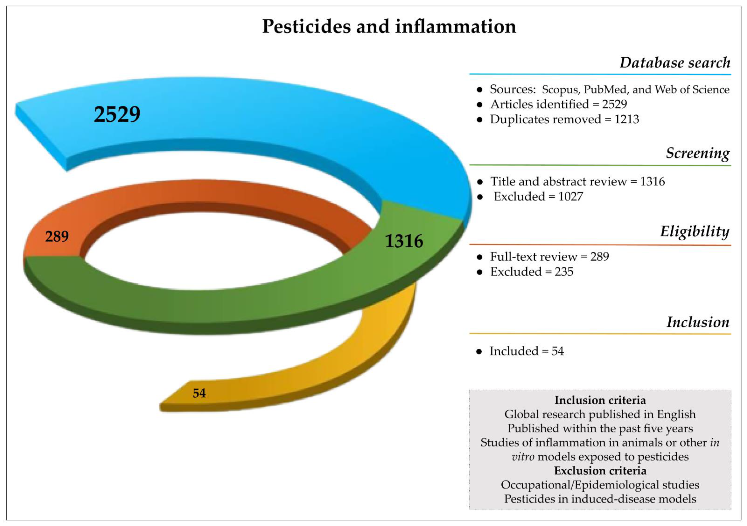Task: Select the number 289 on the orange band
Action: tap(57, 236)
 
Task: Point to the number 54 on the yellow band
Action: tap(199, 393)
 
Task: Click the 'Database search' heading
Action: tap(675, 63)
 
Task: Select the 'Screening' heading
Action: tap(697, 153)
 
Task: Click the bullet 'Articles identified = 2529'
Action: tap(558, 104)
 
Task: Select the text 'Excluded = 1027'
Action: tap(538, 197)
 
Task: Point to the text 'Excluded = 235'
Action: tap(532, 272)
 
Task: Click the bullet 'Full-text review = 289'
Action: tap(549, 257)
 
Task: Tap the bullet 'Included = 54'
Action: tap(526, 351)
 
